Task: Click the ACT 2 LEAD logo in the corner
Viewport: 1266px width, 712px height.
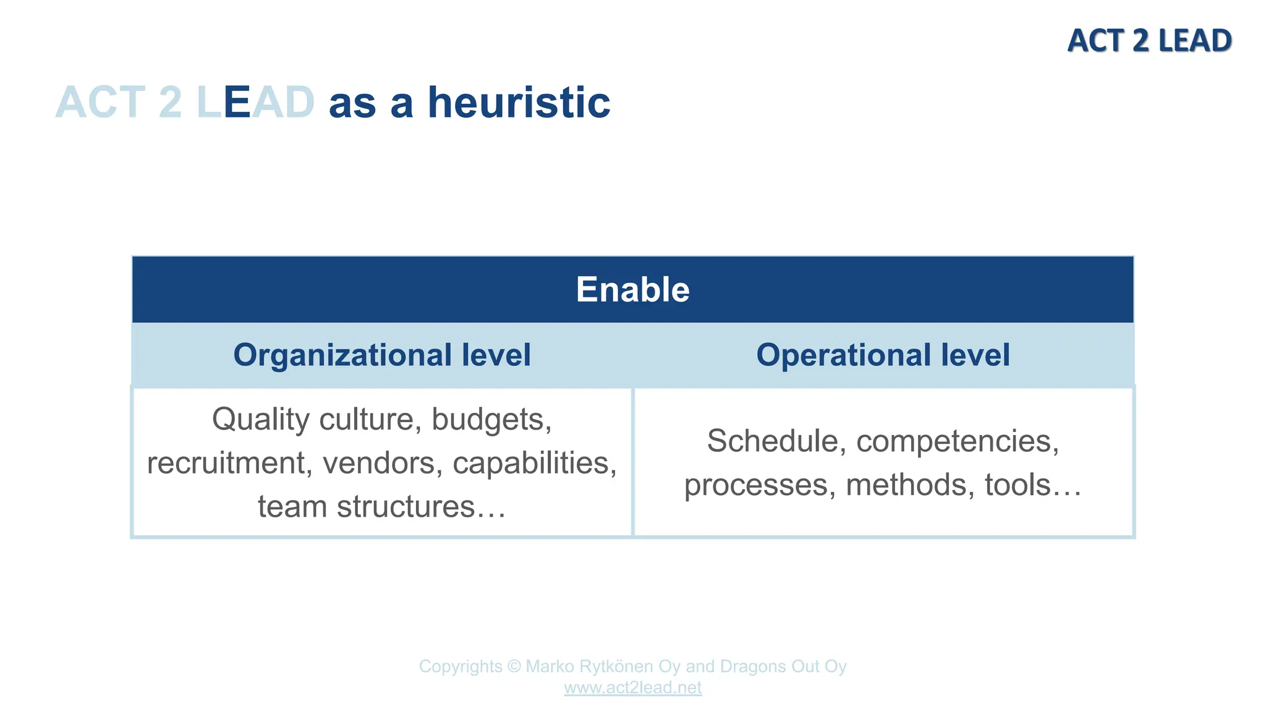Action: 1149,41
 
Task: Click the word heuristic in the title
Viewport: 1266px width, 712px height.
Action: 519,103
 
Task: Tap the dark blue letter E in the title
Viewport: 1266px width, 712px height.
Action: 237,103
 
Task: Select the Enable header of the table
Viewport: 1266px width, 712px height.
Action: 632,289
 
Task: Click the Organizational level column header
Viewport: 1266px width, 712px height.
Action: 381,355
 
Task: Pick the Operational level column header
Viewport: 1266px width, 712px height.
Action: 883,355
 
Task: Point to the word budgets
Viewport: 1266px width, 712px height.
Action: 491,420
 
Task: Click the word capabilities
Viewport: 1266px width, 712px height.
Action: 534,463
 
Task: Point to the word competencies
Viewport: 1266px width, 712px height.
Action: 957,441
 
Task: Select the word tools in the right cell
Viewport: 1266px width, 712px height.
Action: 1017,485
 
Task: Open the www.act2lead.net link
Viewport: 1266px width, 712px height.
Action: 632,688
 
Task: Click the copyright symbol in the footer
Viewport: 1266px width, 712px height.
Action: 514,667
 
